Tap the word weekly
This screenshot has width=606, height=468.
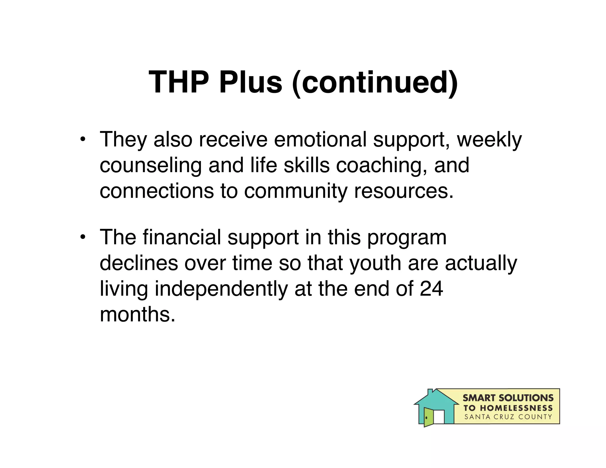489,140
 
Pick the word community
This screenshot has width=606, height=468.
296,191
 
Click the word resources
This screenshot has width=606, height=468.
404,191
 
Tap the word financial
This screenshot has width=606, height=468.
182,237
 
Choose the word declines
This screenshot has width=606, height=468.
139,263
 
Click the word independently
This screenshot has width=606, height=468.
221,289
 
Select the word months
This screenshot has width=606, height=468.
138,314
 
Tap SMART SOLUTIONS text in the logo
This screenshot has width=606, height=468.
508,398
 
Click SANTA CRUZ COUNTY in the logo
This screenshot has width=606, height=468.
508,417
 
